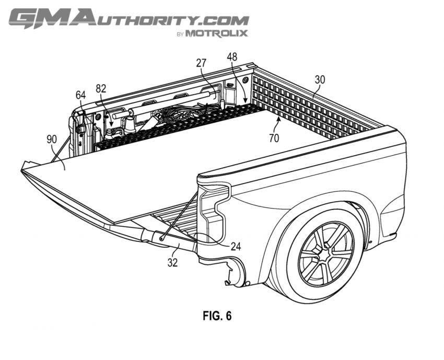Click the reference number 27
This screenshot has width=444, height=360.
[201, 63]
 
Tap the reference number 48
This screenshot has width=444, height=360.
[232, 57]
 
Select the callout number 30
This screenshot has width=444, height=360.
[320, 79]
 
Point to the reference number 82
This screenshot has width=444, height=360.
[101, 89]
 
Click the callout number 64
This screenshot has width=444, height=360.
[80, 95]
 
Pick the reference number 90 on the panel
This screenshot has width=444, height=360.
[52, 139]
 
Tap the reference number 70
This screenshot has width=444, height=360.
[274, 138]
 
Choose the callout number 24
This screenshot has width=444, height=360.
[235, 247]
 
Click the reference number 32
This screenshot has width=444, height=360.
[172, 263]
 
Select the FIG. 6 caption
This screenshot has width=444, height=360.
[217, 316]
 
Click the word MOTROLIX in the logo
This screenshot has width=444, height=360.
[217, 33]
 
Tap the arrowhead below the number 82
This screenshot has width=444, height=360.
[111, 124]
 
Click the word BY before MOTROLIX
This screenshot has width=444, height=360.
[180, 34]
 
